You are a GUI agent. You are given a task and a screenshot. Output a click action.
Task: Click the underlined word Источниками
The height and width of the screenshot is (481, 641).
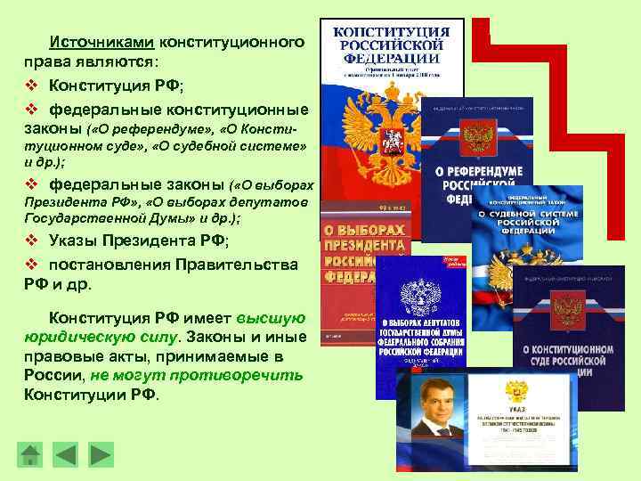click(102, 42)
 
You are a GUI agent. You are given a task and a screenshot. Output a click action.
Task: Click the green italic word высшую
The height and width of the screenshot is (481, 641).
click(271, 318)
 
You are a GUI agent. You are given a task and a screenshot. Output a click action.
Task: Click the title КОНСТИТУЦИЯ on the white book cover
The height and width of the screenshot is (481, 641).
click(391, 32)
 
